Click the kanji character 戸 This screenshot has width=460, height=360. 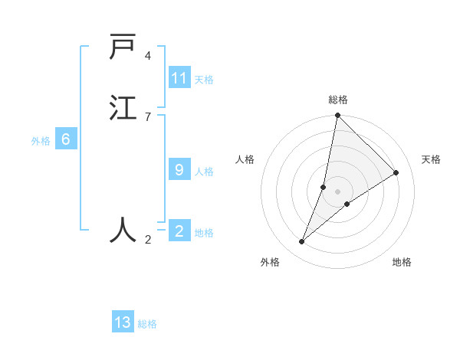123,47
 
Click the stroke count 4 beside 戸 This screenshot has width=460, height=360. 148,56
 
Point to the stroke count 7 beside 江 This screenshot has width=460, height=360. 148,116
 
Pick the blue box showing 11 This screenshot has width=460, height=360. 179,78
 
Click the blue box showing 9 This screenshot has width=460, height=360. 179,169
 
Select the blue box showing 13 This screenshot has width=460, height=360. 123,322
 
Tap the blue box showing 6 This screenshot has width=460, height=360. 66,139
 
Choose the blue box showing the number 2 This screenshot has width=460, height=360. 179,231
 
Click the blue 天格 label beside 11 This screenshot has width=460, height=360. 204,80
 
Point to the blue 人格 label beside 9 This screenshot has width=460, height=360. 204,172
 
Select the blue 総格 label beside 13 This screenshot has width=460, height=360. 147,324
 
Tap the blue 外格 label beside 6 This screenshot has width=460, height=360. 41,141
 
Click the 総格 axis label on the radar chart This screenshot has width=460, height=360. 338,100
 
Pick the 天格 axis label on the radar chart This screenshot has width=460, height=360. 432,159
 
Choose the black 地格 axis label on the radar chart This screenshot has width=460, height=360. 402,262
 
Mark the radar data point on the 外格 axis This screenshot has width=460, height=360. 302,242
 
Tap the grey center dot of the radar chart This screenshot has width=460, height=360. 338,191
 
